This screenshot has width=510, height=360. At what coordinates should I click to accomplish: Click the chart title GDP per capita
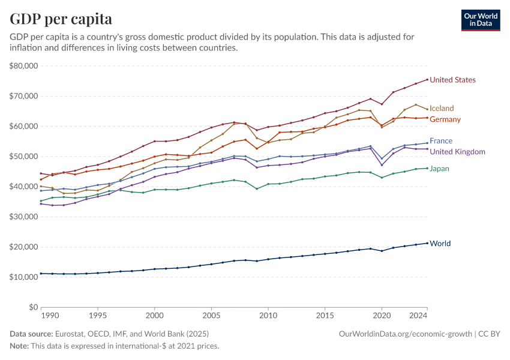click(x=61, y=19)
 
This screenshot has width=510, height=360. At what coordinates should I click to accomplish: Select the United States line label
click(x=453, y=80)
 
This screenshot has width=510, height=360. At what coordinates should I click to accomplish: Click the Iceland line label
click(x=442, y=108)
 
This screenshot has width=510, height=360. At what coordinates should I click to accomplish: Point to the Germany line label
click(x=445, y=119)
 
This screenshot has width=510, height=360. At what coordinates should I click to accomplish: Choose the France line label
click(x=441, y=141)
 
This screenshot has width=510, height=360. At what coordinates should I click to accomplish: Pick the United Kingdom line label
click(x=458, y=151)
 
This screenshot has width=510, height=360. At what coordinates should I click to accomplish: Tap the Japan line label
click(x=439, y=169)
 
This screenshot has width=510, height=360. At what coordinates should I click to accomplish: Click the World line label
click(x=440, y=244)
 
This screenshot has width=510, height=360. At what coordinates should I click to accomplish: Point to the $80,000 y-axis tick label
click(x=24, y=66)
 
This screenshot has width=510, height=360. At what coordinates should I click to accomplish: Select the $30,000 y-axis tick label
click(x=24, y=217)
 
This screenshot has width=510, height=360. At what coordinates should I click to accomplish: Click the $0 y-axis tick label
click(x=34, y=307)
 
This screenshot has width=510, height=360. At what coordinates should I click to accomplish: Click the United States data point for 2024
click(x=427, y=79)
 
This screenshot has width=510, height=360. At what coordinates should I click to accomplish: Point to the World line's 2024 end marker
click(x=427, y=243)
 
